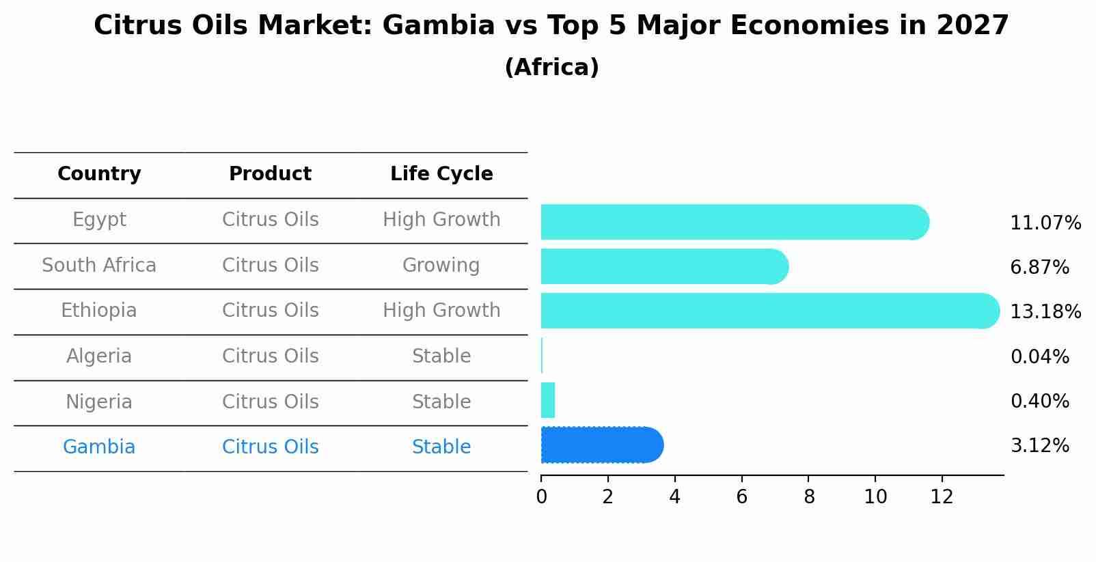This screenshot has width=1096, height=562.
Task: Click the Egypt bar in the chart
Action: (735, 222)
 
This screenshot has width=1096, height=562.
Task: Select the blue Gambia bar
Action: (601, 445)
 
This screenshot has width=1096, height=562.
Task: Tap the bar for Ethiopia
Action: (769, 311)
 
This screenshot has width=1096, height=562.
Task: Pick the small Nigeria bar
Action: (547, 400)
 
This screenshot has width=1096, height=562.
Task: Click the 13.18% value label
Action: (1045, 312)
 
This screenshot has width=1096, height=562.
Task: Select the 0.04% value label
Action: (1039, 356)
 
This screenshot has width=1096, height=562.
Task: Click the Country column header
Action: (99, 174)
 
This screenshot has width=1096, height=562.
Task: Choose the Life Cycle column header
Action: (441, 174)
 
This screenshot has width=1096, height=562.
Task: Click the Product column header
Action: (270, 174)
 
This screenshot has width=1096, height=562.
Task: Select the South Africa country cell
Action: (99, 266)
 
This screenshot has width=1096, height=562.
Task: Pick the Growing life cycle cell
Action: (441, 266)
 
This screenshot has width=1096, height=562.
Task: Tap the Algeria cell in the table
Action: (99, 356)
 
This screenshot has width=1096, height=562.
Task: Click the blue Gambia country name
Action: (99, 447)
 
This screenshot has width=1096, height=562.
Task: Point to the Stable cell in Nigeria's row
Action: (441, 402)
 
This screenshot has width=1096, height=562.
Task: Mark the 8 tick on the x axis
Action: (808, 496)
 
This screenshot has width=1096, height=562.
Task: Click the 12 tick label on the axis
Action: (942, 496)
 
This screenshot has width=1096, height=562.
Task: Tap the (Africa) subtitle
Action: (551, 68)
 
